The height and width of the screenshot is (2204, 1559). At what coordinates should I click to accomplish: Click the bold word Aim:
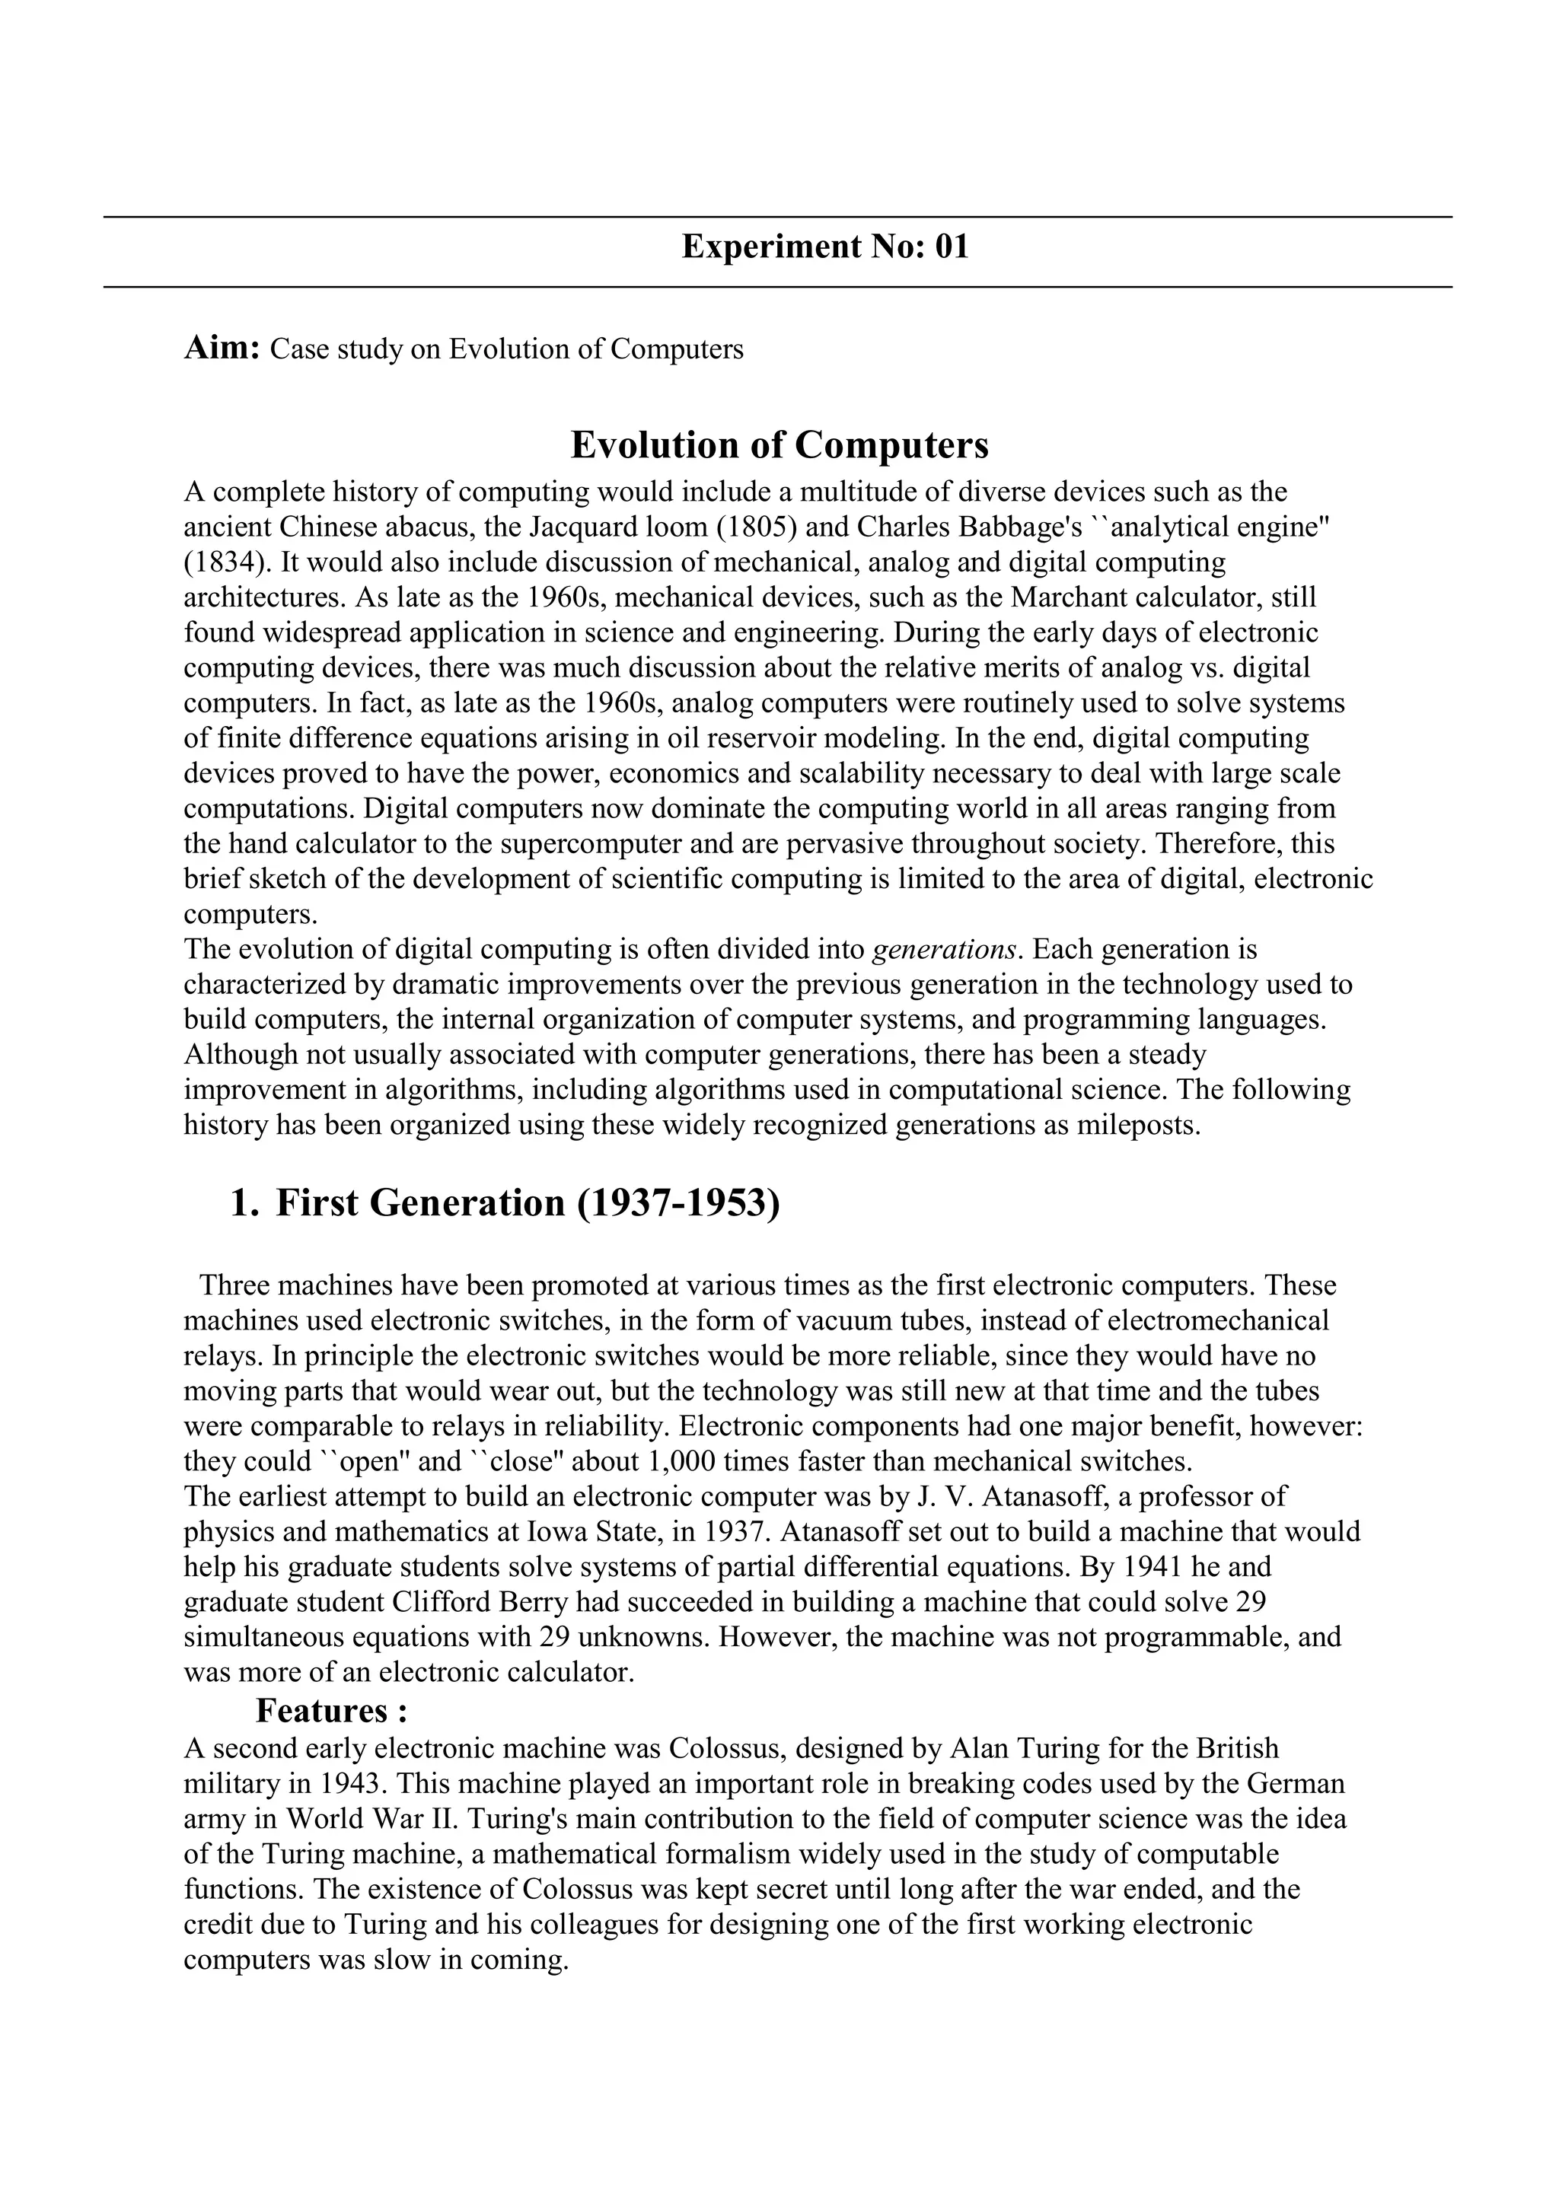pos(221,348)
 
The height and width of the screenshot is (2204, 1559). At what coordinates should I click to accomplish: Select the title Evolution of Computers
pos(779,445)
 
